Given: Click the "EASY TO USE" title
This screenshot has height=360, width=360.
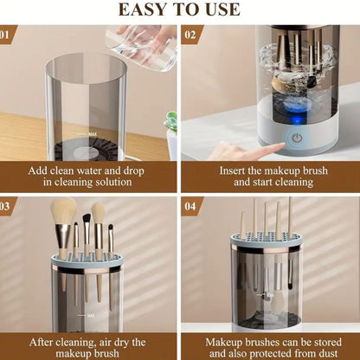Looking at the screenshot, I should coord(179,10).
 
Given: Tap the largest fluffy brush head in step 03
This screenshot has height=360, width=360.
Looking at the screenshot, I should coord(64,213).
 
